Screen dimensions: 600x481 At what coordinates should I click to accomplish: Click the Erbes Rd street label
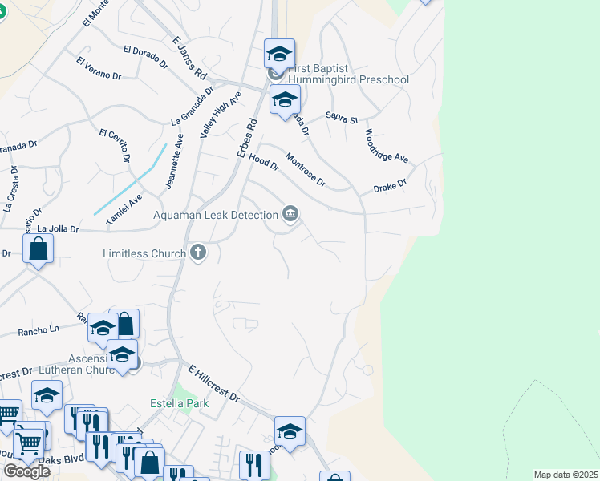(x=246, y=137)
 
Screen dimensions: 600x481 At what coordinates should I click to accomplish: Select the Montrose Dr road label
(x=306, y=170)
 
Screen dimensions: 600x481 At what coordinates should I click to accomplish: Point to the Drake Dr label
(x=390, y=187)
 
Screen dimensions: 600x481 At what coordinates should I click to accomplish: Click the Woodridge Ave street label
(x=386, y=146)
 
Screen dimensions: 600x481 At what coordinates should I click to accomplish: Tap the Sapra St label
(x=342, y=119)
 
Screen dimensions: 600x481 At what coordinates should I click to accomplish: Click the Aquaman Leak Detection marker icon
(x=290, y=213)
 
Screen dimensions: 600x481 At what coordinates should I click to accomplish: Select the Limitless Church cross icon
(x=198, y=253)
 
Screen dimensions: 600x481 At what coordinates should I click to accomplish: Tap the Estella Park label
(x=180, y=403)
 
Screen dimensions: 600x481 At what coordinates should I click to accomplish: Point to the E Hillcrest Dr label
(x=214, y=384)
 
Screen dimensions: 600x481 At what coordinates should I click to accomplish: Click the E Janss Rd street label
(x=190, y=57)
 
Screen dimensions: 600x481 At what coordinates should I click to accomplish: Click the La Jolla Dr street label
(x=58, y=229)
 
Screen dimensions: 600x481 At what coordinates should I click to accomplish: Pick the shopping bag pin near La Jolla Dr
(x=39, y=249)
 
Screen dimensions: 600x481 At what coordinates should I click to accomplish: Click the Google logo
(x=26, y=471)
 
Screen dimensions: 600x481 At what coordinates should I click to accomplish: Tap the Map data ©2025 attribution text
(x=566, y=475)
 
